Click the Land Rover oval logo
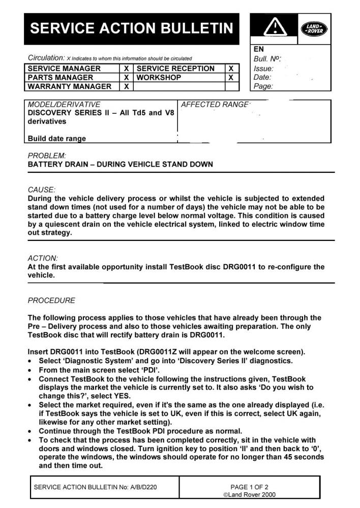(x=314, y=29)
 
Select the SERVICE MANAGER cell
(x=64, y=69)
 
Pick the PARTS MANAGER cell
(x=61, y=78)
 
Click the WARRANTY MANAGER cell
(x=69, y=87)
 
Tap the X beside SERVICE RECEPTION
(x=231, y=69)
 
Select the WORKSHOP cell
(x=159, y=78)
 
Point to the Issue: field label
(x=263, y=68)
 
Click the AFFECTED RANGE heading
(x=216, y=105)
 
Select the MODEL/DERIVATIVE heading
(x=64, y=105)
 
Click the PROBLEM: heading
(x=47, y=155)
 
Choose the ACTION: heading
(x=43, y=258)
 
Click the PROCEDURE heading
(x=51, y=300)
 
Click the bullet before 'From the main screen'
(x=31, y=370)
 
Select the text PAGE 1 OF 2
(x=250, y=487)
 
